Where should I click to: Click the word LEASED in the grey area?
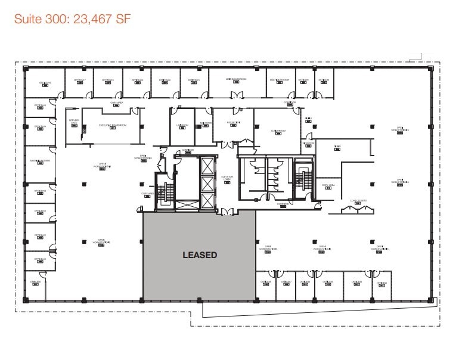199,255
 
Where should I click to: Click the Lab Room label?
182,125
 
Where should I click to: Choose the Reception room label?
233,122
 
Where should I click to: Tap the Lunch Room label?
278,131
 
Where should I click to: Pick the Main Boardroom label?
236,80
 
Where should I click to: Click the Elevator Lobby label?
226,178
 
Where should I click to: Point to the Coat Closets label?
357,201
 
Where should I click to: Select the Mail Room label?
206,123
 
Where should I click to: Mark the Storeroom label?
308,144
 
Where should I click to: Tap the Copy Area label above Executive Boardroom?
116,103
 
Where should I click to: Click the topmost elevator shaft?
207,165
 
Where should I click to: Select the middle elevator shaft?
207,183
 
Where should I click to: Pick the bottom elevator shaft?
207,200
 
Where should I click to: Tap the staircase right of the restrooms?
304,178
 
